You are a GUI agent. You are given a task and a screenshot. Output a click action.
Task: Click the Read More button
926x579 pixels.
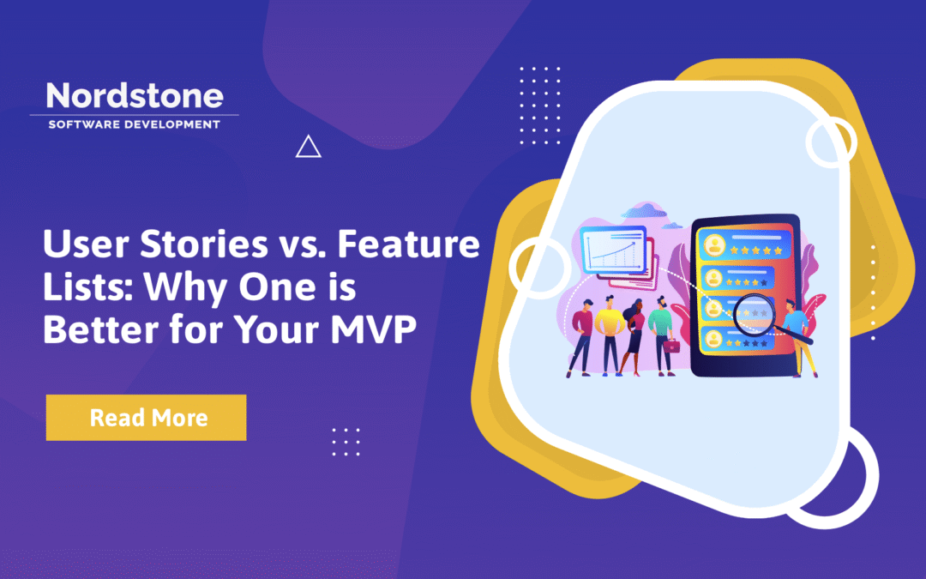click(146, 418)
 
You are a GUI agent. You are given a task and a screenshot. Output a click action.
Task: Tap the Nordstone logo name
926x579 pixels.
click(134, 95)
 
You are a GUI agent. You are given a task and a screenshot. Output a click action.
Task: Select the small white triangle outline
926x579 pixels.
click(308, 148)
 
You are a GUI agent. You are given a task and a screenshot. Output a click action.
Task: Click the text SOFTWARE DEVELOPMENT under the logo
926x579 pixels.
click(134, 124)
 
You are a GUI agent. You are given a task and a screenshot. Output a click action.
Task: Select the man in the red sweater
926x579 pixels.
click(582, 335)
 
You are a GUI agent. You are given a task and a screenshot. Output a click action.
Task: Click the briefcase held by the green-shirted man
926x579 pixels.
click(672, 347)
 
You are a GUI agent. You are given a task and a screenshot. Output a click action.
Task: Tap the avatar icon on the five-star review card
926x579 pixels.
click(713, 244)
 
